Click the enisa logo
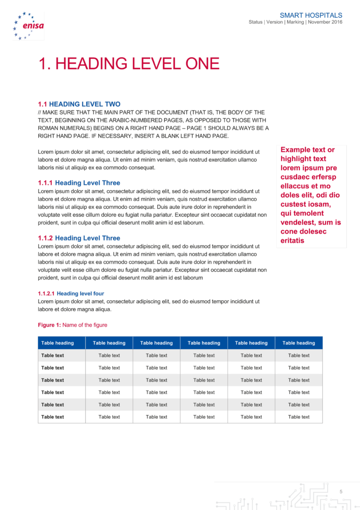[28, 26]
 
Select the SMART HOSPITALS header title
[311, 15]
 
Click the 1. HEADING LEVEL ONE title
[129, 64]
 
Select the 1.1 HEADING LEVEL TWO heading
[79, 104]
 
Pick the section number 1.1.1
[45, 183]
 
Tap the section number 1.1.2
[45, 238]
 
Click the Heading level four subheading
[80, 293]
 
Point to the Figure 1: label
[49, 325]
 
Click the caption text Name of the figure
[85, 325]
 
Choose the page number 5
[341, 492]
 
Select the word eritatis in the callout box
[292, 241]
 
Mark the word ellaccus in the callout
[295, 186]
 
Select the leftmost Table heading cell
[58, 343]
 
